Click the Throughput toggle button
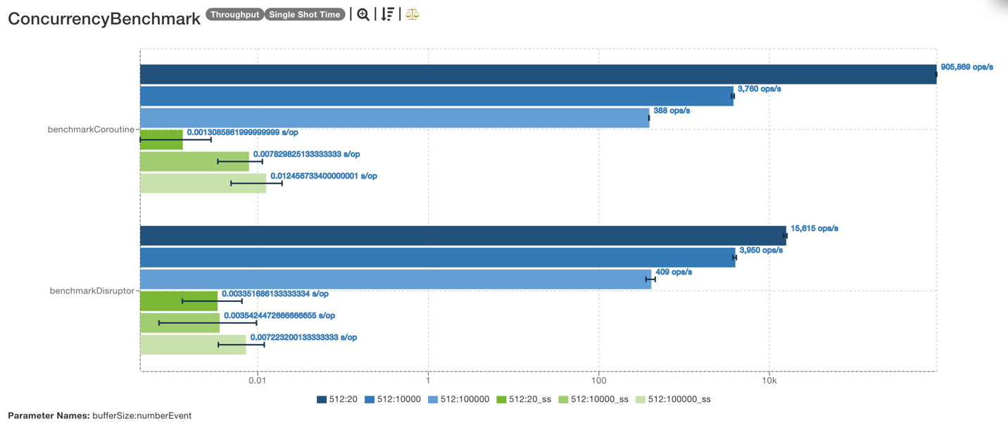click(x=234, y=15)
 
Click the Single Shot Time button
click(x=305, y=15)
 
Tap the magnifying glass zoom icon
click(x=363, y=15)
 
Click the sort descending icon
click(x=387, y=15)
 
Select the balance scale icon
click(x=412, y=15)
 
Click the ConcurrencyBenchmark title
click(x=104, y=19)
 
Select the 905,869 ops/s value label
click(x=966, y=68)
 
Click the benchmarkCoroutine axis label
click(x=90, y=130)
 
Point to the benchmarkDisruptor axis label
click(x=92, y=291)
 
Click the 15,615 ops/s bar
click(x=462, y=236)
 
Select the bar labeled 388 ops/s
click(x=394, y=118)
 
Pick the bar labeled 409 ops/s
click(x=396, y=279)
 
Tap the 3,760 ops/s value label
click(x=759, y=89)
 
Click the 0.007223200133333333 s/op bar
click(x=193, y=345)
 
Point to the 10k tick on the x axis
click(x=769, y=381)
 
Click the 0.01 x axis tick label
click(x=257, y=381)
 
